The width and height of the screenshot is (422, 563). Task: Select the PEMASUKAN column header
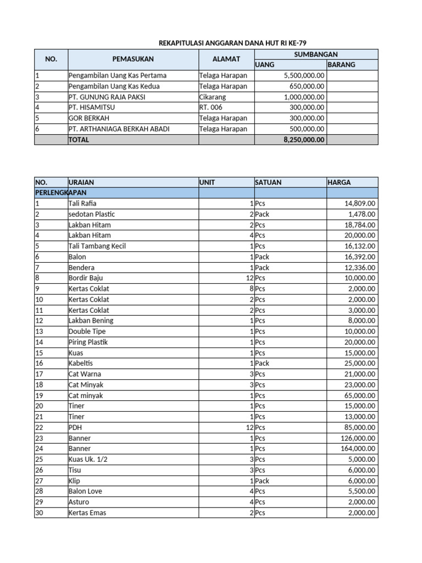click(133, 59)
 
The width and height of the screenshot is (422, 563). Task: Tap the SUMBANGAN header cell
click(316, 54)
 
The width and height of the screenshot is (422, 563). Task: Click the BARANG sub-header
click(341, 64)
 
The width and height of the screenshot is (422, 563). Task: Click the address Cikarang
click(212, 97)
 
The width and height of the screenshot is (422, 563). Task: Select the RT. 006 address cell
click(211, 107)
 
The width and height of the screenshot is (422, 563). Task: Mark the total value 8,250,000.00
click(304, 140)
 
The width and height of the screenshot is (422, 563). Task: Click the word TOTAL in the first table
click(79, 140)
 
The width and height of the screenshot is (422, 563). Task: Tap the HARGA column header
click(339, 182)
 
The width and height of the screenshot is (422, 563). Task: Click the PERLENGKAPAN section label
click(60, 193)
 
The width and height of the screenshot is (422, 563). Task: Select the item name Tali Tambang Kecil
click(97, 246)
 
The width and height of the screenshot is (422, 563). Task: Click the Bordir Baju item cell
click(86, 278)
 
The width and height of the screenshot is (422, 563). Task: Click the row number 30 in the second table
click(39, 513)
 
